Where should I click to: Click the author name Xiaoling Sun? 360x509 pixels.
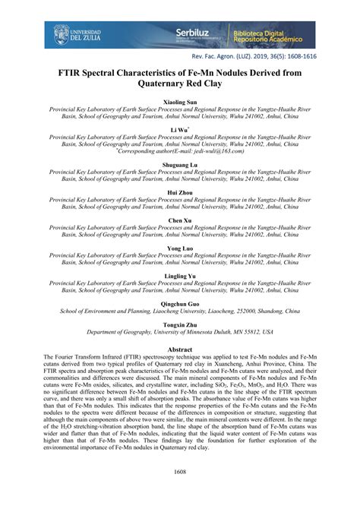click(x=179, y=101)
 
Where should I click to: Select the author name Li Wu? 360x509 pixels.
click(x=179, y=128)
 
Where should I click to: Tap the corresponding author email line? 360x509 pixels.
click(x=180, y=151)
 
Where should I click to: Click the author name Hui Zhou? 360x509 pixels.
click(x=179, y=192)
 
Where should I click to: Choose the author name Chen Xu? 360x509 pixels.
click(x=179, y=220)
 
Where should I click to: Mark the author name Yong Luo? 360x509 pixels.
click(x=179, y=248)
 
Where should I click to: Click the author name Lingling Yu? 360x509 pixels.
click(x=179, y=275)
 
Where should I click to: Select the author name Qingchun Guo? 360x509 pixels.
click(x=179, y=302)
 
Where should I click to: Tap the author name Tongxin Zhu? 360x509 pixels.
click(x=179, y=323)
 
